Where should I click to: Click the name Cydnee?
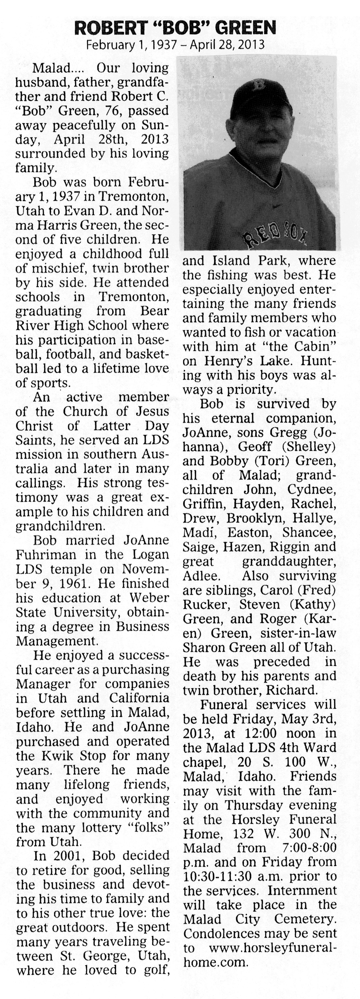pyautogui.click(x=311, y=489)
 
